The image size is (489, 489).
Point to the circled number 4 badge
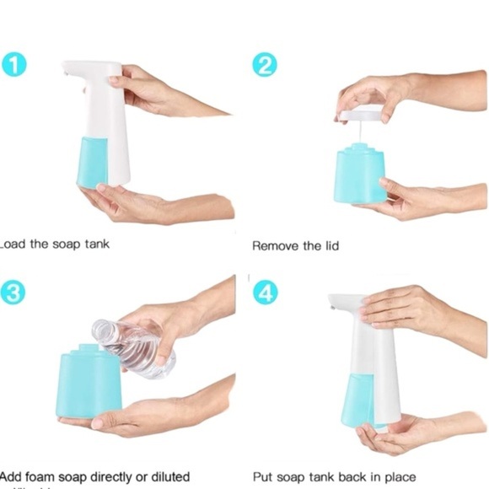coord(264,292)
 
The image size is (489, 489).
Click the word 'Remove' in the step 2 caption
coord(275,246)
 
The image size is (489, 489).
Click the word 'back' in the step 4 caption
coord(357,476)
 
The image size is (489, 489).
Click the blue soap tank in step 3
coord(89,384)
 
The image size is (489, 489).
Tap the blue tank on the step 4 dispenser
coord(357,396)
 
